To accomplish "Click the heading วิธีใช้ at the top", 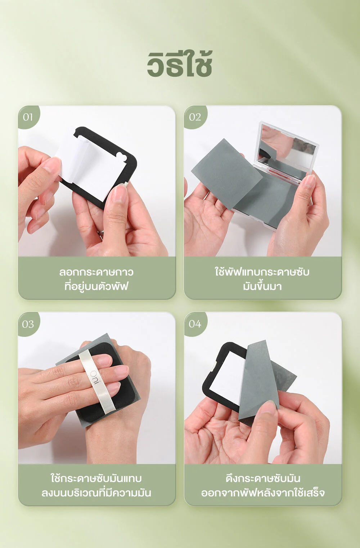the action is tap(180, 64).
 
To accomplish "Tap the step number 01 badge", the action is tap(28, 117).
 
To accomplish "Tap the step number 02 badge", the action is tap(195, 117).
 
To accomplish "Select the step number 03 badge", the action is tap(28, 324).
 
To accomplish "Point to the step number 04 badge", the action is tap(195, 324).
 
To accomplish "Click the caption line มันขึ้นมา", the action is tap(262, 286).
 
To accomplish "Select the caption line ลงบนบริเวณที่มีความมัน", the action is tap(96, 493).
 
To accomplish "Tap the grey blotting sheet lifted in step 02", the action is tap(227, 174).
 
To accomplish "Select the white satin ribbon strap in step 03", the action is tap(97, 382).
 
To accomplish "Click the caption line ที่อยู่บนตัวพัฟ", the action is tap(96, 286).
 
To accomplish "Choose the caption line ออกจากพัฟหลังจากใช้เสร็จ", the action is tap(263, 493).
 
